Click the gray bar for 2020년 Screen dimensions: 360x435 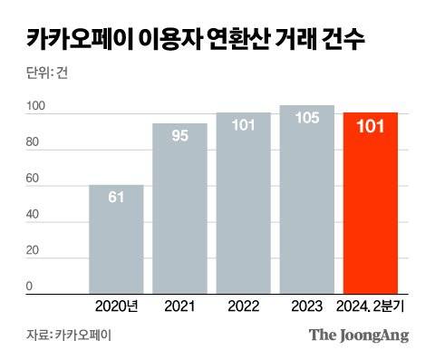116,240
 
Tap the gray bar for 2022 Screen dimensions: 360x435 243,209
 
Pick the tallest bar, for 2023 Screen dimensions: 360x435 306,204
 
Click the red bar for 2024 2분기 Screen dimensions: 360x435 370,209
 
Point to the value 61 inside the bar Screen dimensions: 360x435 116,198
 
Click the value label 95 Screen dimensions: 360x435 179,136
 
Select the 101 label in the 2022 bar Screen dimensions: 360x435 243,126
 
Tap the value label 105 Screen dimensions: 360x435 306,119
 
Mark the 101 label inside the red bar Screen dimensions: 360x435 370,126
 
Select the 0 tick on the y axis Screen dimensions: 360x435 29,287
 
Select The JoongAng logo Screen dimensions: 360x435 359,335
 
